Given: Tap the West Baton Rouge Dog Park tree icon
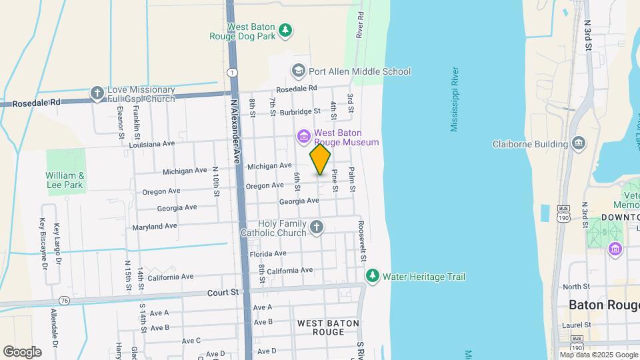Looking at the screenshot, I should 285,30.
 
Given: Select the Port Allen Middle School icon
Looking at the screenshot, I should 297,71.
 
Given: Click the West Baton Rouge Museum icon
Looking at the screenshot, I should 303,137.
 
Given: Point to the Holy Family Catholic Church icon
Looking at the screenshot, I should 317,228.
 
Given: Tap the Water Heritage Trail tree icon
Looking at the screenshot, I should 372,276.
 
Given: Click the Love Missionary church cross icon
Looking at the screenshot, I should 97,93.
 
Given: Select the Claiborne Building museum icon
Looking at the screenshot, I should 578,143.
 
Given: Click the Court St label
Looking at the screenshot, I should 223,292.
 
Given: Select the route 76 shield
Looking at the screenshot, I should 64,300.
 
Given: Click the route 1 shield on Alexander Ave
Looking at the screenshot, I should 231,72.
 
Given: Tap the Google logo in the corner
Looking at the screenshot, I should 22,351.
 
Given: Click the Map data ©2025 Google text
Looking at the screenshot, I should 599,355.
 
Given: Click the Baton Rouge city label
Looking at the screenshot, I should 603,305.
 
